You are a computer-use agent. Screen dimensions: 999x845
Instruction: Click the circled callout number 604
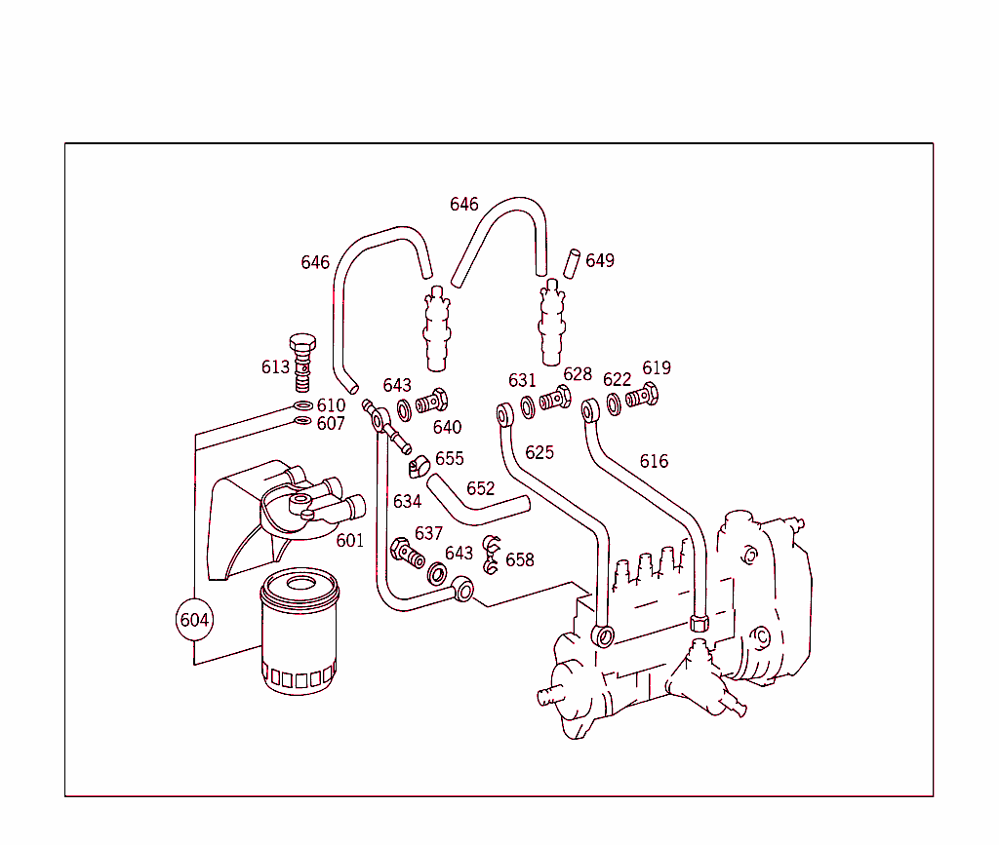[194, 620]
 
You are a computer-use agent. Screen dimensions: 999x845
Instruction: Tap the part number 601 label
[349, 540]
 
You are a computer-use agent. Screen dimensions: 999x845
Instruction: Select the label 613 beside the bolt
[275, 367]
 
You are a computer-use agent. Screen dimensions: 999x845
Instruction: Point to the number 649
[600, 261]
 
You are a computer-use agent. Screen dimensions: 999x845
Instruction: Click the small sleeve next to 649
[575, 262]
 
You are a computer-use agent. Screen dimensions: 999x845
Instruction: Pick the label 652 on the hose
[480, 488]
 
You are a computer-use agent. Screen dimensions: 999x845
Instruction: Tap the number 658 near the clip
[520, 560]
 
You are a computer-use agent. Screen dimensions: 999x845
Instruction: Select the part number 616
[654, 461]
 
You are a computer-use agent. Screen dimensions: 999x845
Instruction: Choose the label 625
[539, 452]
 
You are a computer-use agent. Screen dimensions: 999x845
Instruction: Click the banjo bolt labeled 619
[642, 397]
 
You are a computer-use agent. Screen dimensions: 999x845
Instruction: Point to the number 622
[617, 380]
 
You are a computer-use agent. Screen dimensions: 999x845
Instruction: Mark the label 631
[522, 380]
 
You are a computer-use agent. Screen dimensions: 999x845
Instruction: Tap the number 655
[450, 458]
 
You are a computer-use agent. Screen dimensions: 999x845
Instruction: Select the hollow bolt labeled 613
[302, 360]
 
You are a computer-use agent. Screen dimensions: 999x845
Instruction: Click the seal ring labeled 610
[303, 405]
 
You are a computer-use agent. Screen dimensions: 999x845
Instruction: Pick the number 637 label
[428, 533]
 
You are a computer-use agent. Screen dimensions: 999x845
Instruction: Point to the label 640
[447, 427]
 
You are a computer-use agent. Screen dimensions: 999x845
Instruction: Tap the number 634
[407, 502]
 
